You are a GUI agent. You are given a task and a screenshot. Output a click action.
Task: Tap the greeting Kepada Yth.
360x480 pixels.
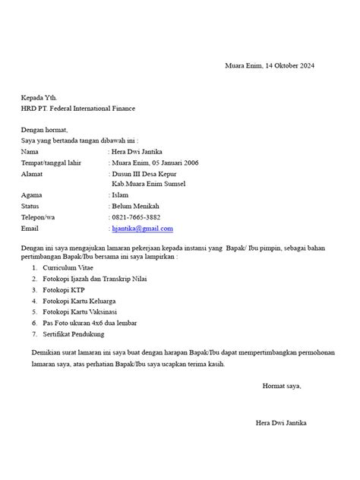(39, 98)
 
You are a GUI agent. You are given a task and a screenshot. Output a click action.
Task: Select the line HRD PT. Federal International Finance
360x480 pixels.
(78, 109)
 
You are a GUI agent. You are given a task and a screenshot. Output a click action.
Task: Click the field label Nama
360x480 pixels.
(30, 151)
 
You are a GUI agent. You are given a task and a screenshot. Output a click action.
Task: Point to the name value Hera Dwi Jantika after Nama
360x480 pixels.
(142, 151)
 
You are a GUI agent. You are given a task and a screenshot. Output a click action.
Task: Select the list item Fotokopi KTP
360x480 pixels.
(65, 290)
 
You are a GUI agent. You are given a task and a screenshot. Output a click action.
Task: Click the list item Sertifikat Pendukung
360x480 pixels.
(74, 334)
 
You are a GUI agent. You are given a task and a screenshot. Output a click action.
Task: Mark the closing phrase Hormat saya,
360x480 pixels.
(282, 386)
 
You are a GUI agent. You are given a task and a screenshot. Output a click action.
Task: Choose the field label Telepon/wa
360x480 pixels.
(39, 216)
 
